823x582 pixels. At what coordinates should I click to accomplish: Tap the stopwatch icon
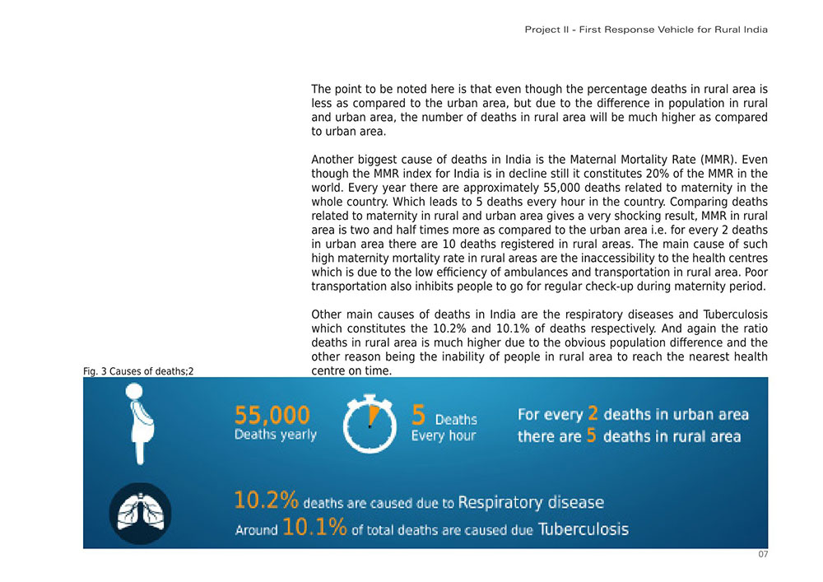(370, 424)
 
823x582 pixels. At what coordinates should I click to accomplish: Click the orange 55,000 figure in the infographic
(272, 415)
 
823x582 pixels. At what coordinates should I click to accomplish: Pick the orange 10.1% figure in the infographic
(314, 528)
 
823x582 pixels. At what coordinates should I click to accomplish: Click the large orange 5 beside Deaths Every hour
(418, 415)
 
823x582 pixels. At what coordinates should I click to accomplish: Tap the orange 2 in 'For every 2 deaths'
(592, 413)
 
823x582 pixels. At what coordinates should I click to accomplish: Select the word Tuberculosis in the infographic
(583, 528)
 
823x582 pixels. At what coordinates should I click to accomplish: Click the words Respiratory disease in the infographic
(530, 501)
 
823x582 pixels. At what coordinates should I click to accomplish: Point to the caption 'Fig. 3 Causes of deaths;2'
(138, 372)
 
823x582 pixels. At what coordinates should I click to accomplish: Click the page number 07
(763, 555)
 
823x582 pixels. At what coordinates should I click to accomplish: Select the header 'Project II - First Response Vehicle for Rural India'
(646, 30)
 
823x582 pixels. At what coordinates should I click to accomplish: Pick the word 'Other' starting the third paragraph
(327, 314)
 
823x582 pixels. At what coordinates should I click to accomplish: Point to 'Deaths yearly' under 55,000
(276, 435)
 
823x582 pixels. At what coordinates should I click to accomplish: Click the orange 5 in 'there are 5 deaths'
(591, 435)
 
